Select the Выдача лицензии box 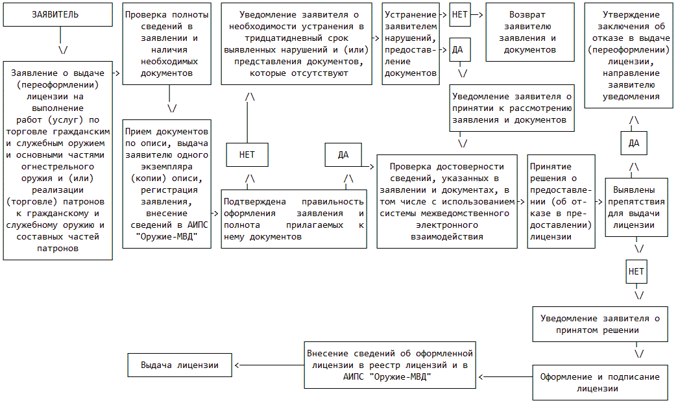coord(180,365)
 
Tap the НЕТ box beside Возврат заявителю coord(460,14)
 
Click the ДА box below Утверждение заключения coord(634,143)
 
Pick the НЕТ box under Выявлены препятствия coord(636,271)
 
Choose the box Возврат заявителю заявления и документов coord(530,32)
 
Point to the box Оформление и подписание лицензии coord(599,383)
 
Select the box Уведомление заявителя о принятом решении coord(599,325)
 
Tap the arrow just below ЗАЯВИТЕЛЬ coord(63,49)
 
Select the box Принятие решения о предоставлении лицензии coord(561,201)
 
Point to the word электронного coord(446,225)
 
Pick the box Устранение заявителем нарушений coord(411,43)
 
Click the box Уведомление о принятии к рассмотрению coord(512,108)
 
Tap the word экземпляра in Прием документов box coord(167,166)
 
